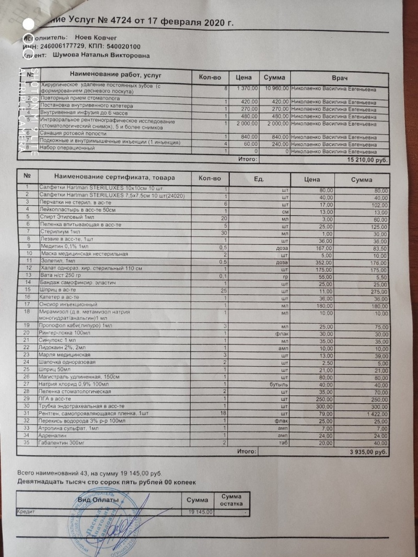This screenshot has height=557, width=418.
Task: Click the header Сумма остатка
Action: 230,500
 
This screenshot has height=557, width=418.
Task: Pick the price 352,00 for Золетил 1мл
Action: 322,262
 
